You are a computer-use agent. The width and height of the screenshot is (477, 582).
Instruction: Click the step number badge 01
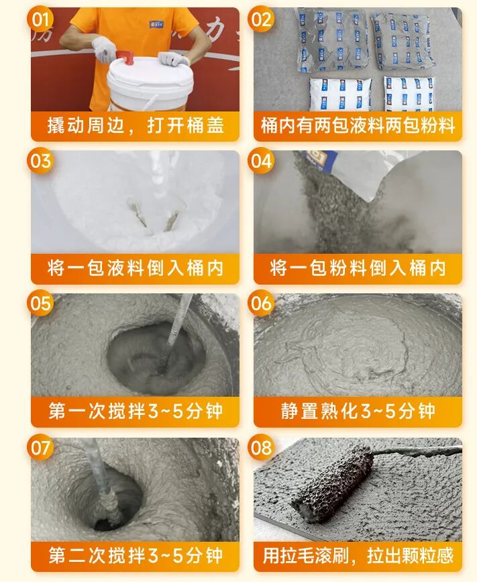(40, 19)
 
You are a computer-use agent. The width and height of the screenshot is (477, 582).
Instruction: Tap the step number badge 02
(261, 19)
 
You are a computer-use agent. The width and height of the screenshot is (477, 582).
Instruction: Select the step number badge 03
(40, 161)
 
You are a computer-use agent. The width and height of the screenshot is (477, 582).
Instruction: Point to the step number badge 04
(261, 161)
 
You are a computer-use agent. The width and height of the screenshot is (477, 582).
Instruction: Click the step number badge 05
(40, 303)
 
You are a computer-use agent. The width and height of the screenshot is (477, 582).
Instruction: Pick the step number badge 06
(261, 303)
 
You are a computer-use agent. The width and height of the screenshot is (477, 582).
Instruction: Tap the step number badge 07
(40, 447)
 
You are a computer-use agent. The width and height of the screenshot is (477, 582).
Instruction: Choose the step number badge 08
(261, 447)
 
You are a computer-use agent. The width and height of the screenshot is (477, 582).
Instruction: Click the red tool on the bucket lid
(125, 58)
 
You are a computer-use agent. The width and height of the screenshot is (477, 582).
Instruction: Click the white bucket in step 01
(151, 84)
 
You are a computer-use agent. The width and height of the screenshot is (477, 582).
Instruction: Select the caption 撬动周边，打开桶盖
(136, 126)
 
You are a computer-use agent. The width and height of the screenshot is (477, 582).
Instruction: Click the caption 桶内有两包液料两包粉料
(358, 126)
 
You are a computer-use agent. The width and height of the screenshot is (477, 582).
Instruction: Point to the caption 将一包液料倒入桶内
(136, 268)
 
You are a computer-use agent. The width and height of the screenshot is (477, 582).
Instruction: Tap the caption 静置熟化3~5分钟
(358, 411)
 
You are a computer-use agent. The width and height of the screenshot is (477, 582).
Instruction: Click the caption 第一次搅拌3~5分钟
(136, 411)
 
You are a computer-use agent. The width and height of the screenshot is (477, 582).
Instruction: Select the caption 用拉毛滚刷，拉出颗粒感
(358, 556)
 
